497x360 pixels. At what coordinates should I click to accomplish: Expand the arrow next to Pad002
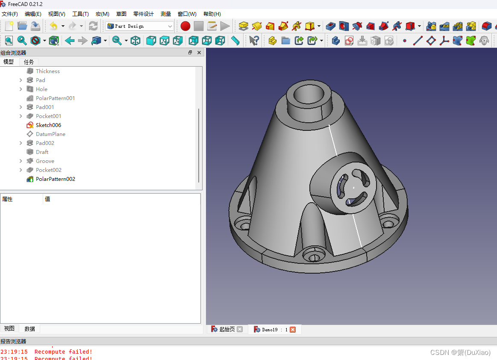(21, 143)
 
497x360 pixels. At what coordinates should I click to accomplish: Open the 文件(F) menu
(10, 14)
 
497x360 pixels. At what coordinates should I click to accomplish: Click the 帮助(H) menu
(212, 14)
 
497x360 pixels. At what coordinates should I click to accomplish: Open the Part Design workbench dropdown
(139, 27)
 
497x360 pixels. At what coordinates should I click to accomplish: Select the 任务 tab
(29, 62)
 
